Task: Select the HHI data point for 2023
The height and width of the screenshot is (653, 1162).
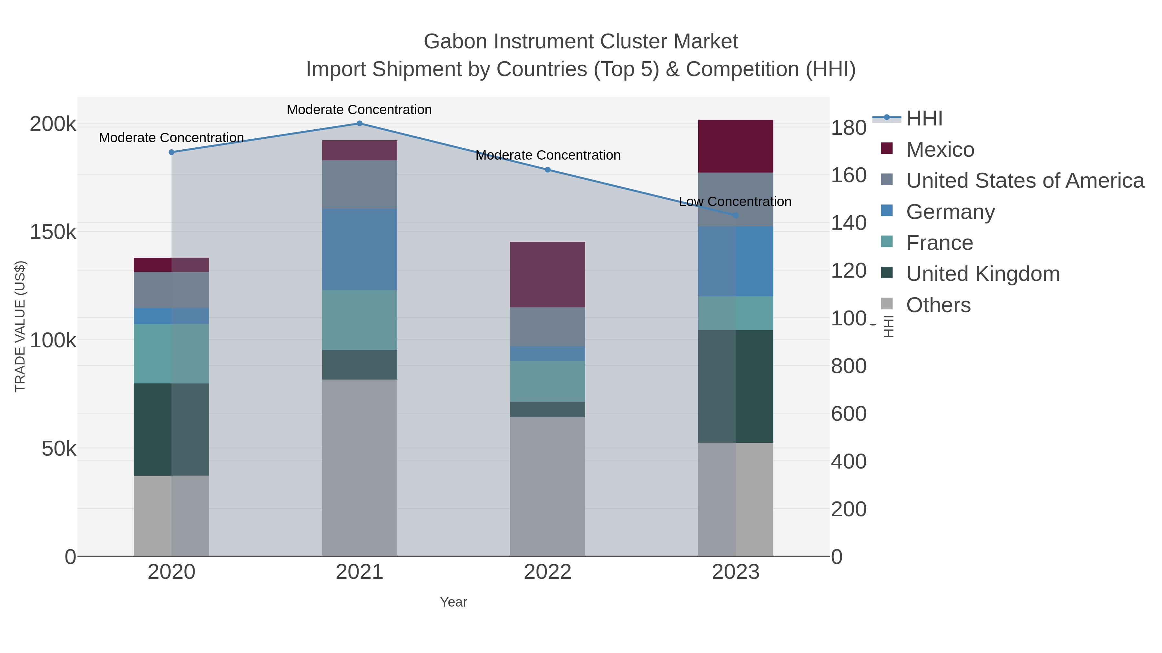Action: pyautogui.click(x=736, y=215)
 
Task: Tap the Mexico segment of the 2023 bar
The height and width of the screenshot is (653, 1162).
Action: pyautogui.click(x=736, y=146)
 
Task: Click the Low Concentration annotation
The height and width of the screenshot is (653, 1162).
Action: pyautogui.click(x=735, y=202)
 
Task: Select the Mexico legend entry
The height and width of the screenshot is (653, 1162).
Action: pyautogui.click(x=940, y=150)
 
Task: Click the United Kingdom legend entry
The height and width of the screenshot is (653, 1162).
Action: pyautogui.click(x=983, y=274)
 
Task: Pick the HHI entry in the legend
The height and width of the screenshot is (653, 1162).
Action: pyautogui.click(x=924, y=119)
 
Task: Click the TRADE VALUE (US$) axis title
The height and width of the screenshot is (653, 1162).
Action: pyautogui.click(x=20, y=326)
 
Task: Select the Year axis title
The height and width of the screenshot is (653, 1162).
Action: pyautogui.click(x=454, y=602)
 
